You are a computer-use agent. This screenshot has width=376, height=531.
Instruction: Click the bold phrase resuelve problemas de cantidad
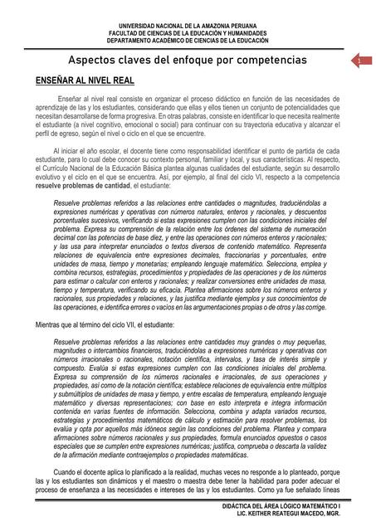click(x=79, y=188)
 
